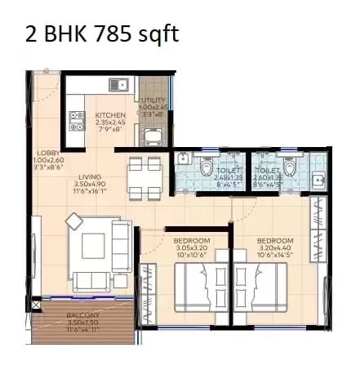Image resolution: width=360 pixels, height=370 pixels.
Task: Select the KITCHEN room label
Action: [110, 115]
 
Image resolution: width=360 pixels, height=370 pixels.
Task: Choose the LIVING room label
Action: [90, 176]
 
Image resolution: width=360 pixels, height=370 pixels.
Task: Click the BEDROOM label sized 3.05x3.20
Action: [193, 241]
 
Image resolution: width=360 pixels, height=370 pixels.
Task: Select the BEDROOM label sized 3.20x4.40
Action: [275, 241]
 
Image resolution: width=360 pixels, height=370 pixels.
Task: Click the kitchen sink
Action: [120, 83]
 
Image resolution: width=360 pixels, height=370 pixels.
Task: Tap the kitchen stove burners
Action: [77, 120]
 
